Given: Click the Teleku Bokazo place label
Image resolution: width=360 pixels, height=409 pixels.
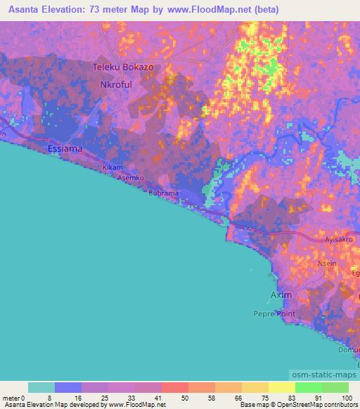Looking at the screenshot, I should click(x=123, y=67).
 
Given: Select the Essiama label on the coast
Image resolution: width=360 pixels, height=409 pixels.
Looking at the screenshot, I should click(x=64, y=149).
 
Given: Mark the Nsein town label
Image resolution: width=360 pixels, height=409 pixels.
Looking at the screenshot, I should click(x=327, y=264).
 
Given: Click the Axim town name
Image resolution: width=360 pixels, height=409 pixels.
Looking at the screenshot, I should click(x=281, y=294).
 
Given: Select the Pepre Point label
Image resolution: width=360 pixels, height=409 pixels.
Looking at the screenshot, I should click(x=275, y=313).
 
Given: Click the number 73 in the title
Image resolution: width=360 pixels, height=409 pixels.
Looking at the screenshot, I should click(x=117, y=10).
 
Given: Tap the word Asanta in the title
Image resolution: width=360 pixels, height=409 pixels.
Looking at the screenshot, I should click(x=29, y=10).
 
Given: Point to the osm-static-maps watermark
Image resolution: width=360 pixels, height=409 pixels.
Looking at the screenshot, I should click(x=324, y=377).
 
